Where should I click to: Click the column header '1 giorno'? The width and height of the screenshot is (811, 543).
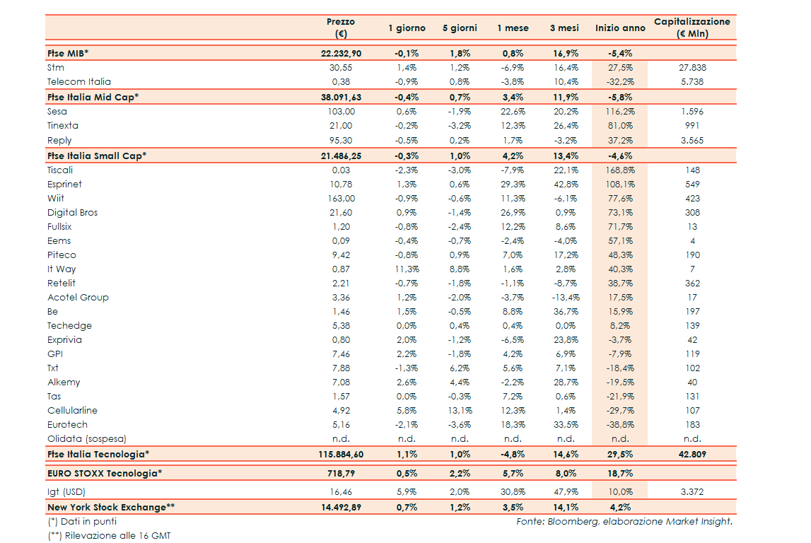click(x=407, y=28)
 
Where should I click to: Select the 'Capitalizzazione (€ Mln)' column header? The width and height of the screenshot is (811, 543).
click(x=692, y=28)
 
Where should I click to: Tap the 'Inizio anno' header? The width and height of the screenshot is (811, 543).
click(x=620, y=28)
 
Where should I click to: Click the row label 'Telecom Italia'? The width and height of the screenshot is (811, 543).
click(x=79, y=82)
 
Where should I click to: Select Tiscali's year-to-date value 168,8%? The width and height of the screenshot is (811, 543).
click(x=620, y=170)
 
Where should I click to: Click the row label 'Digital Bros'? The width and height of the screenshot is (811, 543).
click(x=72, y=213)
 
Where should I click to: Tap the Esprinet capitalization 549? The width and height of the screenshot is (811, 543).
click(x=692, y=185)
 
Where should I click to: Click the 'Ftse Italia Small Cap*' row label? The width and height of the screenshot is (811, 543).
click(x=97, y=156)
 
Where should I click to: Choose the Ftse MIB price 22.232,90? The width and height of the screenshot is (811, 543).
click(x=341, y=53)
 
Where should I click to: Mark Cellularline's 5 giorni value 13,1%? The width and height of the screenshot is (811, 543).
click(x=460, y=411)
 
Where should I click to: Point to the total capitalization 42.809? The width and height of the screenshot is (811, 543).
click(x=692, y=454)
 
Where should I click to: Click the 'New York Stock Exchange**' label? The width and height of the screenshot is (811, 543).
click(x=111, y=507)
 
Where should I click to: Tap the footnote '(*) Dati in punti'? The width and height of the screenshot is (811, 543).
click(x=82, y=522)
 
